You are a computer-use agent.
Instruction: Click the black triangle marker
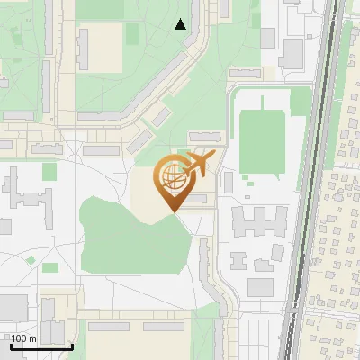pos(181,24)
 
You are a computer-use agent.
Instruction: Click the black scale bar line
pos(40,346)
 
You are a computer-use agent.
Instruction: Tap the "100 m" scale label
pos(23,338)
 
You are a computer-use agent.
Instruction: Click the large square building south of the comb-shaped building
pos(260,287)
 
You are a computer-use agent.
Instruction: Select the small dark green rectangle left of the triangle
pos(131,34)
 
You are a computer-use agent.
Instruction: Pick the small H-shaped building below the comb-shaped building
pos(238,261)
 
